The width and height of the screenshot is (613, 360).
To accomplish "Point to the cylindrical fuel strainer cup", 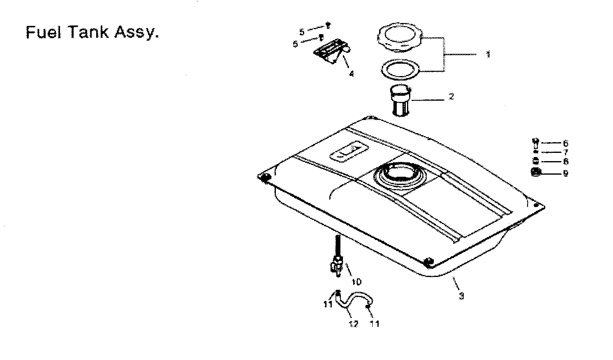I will (x=400, y=101).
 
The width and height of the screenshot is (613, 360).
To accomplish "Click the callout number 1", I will (x=488, y=54).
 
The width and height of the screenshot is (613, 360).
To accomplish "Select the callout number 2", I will (x=451, y=97).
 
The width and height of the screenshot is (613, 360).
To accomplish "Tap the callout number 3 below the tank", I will (x=461, y=295).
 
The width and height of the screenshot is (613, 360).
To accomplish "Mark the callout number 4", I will (x=351, y=74).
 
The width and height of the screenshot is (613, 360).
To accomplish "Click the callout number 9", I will (x=566, y=173).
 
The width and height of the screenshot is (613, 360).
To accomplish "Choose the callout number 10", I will (x=356, y=282).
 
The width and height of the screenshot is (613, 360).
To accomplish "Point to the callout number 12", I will (x=354, y=324).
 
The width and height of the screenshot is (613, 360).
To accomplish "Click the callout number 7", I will (x=566, y=152).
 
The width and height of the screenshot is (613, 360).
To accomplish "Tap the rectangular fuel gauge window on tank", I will (x=348, y=150).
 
